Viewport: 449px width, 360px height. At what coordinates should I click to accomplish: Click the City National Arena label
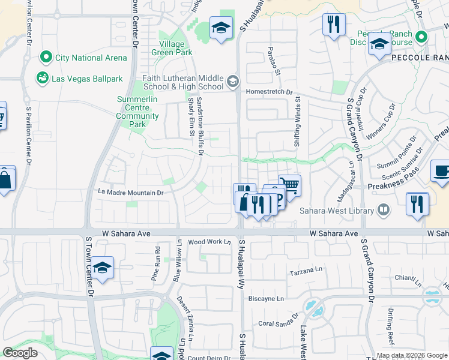(91, 58)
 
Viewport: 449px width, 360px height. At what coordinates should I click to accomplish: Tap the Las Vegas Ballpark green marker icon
(42, 78)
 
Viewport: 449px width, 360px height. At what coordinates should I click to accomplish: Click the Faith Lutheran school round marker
(233, 80)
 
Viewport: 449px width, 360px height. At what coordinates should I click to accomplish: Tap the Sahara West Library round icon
(383, 211)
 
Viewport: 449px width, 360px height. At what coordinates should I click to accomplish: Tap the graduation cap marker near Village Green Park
(221, 28)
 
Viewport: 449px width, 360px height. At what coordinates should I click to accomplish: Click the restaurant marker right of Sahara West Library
(417, 203)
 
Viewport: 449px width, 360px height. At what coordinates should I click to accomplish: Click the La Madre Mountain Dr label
(131, 193)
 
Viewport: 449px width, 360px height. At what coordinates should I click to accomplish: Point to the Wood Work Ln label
(209, 242)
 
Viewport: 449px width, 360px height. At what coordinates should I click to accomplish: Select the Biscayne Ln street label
(266, 298)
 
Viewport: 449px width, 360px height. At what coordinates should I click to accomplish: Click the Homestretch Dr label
(269, 92)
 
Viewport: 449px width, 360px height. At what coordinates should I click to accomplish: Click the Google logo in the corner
(20, 353)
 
